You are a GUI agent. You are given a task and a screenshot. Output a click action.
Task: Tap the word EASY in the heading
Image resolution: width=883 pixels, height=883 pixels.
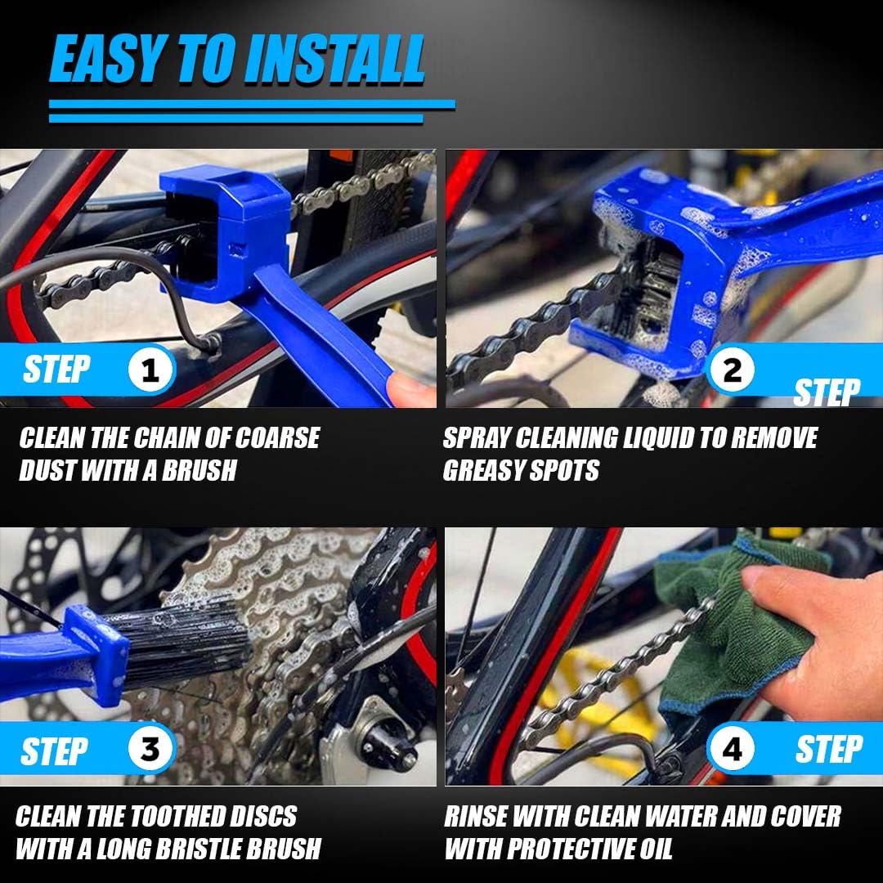click(107, 59)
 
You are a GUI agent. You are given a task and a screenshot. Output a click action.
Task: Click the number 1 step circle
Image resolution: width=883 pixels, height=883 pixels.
click(150, 370)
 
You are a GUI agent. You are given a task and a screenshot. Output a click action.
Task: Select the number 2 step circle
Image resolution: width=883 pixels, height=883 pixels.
click(732, 370)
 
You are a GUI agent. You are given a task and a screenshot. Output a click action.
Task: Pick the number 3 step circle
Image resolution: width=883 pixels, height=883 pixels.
click(150, 749)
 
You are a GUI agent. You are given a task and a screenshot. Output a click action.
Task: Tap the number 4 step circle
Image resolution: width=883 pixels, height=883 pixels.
click(732, 749)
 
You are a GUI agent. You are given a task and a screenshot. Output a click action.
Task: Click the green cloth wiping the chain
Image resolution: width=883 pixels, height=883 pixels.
click(727, 625)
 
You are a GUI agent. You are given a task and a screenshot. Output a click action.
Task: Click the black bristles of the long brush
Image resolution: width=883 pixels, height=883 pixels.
click(180, 648)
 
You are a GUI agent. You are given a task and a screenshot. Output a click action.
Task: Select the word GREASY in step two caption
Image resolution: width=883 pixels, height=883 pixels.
click(483, 470)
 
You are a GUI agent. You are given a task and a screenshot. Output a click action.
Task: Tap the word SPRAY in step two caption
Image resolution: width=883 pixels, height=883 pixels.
click(477, 438)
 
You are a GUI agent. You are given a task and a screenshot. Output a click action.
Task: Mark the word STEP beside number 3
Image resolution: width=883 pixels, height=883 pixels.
click(55, 751)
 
